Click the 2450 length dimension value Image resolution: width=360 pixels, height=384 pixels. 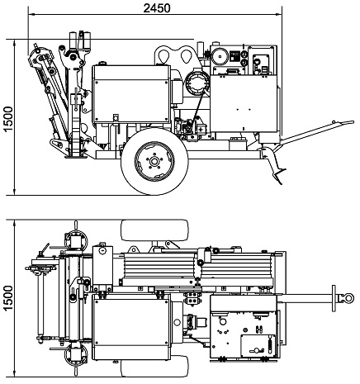pos(157,8)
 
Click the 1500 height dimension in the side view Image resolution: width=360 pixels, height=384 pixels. pos(8,119)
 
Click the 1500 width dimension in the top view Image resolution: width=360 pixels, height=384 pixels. pos(8,298)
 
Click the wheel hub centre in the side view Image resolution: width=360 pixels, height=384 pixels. pos(154,161)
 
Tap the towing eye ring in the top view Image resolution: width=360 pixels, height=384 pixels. pos(348,298)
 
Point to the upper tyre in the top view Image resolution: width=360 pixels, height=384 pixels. pos(154,230)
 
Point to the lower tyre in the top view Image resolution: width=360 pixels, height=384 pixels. pos(154,367)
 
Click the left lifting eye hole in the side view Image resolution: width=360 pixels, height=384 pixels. pos(163,56)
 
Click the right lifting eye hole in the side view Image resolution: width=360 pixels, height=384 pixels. pos(187,56)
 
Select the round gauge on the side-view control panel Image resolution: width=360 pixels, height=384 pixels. pos(220,57)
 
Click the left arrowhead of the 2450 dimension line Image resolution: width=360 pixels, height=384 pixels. pos(31,14)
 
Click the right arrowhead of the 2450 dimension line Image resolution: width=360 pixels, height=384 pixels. pos(278,14)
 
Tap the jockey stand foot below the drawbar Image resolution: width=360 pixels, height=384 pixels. pos(280,176)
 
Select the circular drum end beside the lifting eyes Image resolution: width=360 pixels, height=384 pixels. pos(197,83)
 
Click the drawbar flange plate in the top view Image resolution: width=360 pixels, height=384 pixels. pos(334,298)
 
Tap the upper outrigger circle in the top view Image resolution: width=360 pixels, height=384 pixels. pos(76,240)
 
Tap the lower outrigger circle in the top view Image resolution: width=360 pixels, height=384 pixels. pos(76,355)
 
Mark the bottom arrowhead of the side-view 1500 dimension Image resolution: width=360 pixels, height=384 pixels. pos(14,192)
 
